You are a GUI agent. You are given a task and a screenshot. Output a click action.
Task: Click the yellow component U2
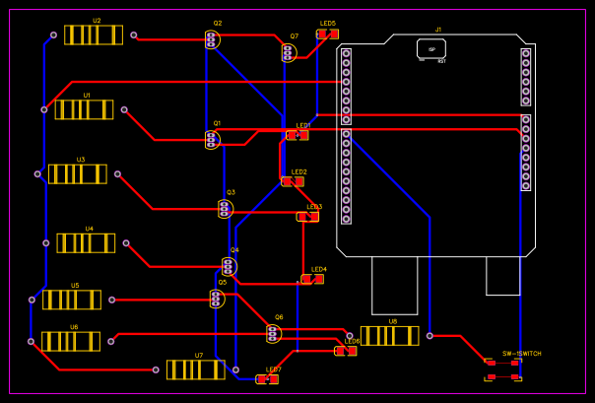94,34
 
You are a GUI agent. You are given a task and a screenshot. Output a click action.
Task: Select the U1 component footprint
84,109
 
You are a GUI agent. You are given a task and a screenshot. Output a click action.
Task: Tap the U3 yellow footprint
78,173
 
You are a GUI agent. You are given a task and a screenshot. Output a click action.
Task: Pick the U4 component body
86,242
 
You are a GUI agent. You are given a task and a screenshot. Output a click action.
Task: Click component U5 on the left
71,299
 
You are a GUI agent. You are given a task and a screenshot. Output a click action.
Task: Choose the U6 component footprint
70,341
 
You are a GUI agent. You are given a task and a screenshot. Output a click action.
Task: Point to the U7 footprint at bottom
196,369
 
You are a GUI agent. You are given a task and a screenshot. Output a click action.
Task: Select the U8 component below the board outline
390,335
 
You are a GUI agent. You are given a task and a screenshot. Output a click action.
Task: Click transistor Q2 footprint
212,39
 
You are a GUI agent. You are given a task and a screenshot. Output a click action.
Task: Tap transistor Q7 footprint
289,52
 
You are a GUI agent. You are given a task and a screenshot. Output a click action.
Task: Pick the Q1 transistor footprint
213,140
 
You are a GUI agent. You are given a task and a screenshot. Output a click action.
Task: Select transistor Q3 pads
226,208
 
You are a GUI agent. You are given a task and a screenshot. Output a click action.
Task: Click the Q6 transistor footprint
274,333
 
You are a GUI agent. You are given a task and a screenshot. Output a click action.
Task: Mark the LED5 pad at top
327,34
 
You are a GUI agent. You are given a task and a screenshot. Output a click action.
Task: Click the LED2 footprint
293,181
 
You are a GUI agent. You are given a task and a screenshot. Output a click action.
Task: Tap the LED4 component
312,279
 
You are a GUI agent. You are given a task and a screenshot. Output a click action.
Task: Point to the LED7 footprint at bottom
267,378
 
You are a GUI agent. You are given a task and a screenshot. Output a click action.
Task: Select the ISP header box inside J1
431,48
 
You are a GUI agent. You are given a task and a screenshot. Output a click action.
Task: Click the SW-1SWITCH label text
521,353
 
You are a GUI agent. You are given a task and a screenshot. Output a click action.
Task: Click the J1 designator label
438,30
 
